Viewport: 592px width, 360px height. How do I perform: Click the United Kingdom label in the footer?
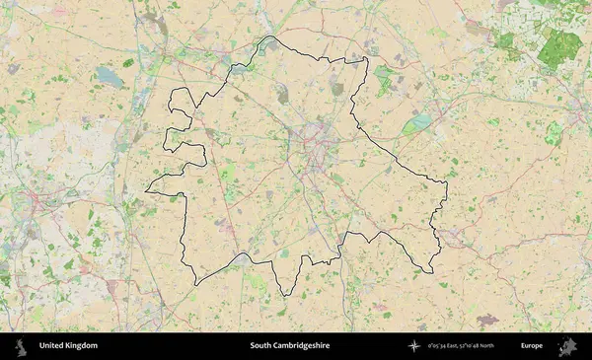tap(68, 346)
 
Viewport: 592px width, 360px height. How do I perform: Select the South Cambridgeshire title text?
tap(289, 346)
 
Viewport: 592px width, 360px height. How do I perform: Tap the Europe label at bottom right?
tap(532, 346)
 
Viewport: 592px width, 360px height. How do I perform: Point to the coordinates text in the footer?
tap(475, 346)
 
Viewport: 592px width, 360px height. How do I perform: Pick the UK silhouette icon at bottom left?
tap(21, 345)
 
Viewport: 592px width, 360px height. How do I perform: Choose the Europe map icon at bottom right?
tap(567, 345)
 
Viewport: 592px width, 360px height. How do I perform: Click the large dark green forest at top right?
tap(560, 46)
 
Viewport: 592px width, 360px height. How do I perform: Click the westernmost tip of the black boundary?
tap(146, 190)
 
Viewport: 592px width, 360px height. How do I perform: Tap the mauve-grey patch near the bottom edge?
tap(487, 320)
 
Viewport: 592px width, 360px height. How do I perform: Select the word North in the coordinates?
tap(510, 346)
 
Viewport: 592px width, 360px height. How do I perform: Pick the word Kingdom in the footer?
tap(82, 346)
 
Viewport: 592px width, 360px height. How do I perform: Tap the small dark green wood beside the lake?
tap(128, 63)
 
